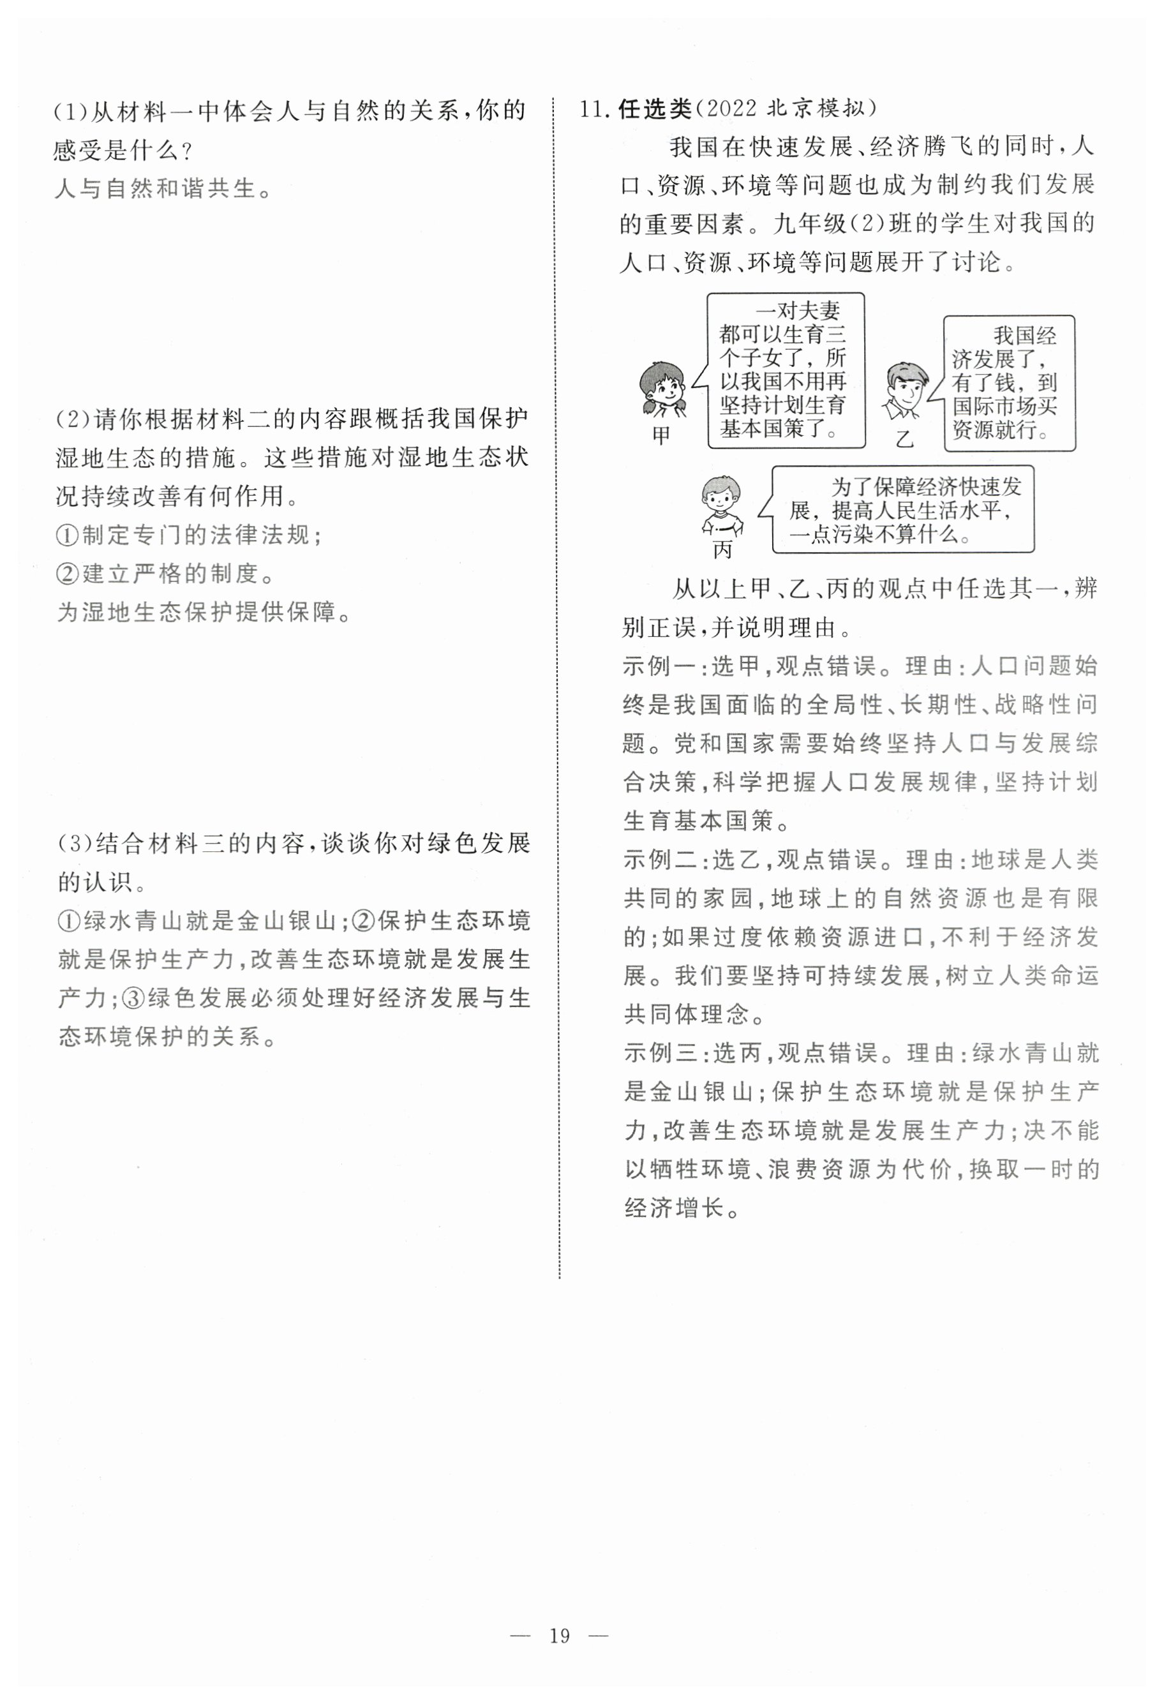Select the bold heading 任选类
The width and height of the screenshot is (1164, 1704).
[655, 109]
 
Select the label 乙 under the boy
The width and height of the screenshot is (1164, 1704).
[904, 439]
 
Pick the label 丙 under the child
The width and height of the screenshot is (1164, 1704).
[722, 550]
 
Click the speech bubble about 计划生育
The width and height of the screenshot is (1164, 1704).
[785, 370]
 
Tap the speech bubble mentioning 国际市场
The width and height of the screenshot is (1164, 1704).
[1008, 383]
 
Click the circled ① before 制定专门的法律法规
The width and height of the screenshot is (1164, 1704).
[68, 535]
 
